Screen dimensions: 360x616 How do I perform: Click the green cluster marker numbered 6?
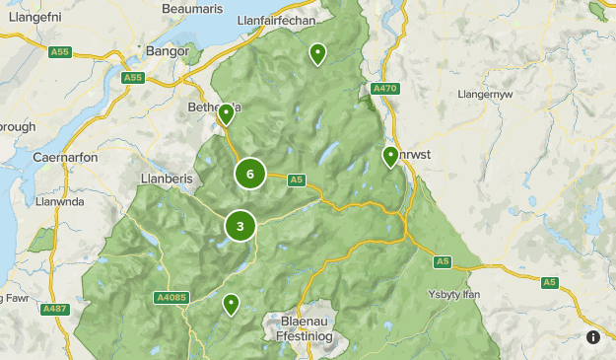pyautogui.click(x=250, y=175)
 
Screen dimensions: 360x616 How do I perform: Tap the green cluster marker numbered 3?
pyautogui.click(x=240, y=226)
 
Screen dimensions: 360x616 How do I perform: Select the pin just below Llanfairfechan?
pyautogui.click(x=317, y=53)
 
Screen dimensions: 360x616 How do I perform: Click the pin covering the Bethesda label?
pyautogui.click(x=226, y=114)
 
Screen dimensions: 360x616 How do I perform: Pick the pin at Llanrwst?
pyautogui.click(x=390, y=156)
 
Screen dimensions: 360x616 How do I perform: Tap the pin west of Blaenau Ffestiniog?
pyautogui.click(x=231, y=304)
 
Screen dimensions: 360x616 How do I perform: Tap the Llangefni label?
pyautogui.click(x=32, y=15)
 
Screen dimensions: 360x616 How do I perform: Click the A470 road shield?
pyautogui.click(x=384, y=89)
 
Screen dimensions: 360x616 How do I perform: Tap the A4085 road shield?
pyautogui.click(x=170, y=296)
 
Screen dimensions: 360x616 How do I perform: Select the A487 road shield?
pyautogui.click(x=56, y=309)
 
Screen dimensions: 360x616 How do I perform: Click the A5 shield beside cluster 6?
pyautogui.click(x=296, y=179)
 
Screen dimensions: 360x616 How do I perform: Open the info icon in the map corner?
pyautogui.click(x=593, y=337)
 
